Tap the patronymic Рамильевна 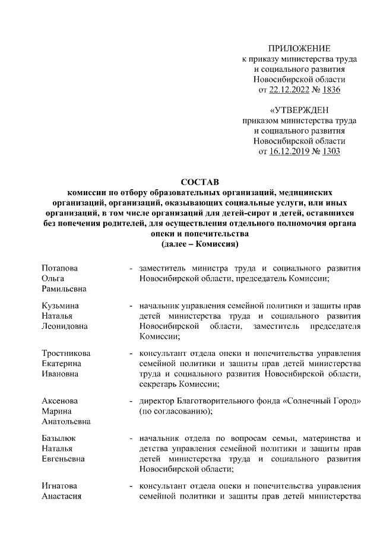[65, 288]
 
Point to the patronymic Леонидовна [65, 326]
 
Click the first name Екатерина [62, 364]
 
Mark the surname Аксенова [60, 401]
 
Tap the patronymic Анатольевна [66, 421]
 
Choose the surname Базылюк [58, 439]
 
